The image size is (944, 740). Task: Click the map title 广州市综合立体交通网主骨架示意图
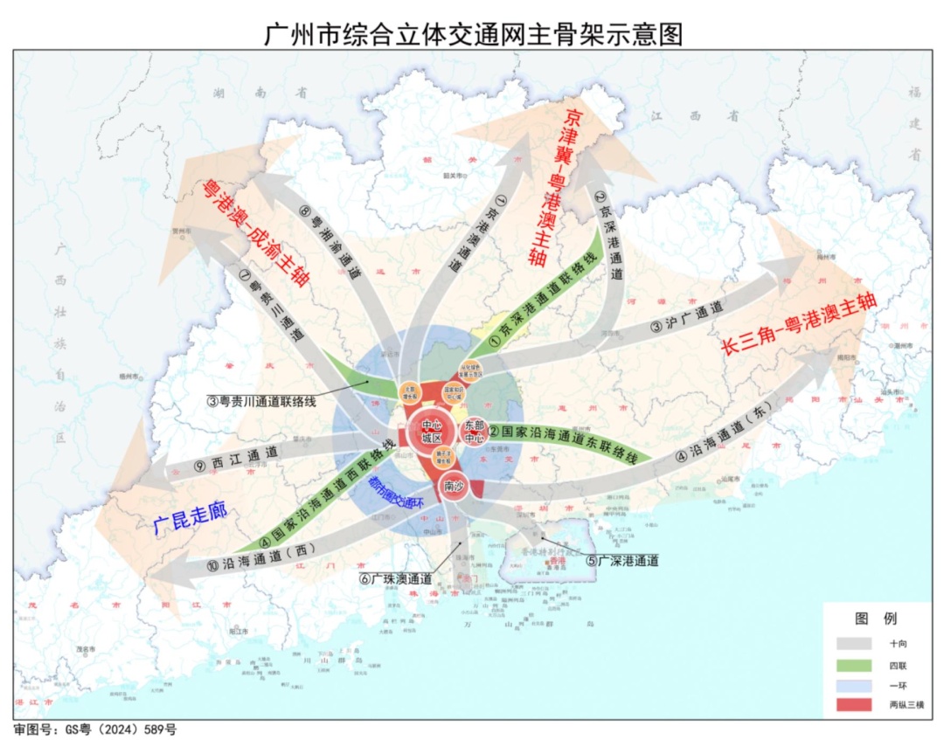[472, 33]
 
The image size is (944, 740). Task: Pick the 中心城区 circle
[432, 432]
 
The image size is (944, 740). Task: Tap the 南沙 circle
[454, 486]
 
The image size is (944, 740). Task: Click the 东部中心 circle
[474, 432]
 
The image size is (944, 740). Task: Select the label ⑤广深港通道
[621, 560]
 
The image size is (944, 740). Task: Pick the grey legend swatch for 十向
[854, 643]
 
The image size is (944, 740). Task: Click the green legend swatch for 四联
[854, 663]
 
